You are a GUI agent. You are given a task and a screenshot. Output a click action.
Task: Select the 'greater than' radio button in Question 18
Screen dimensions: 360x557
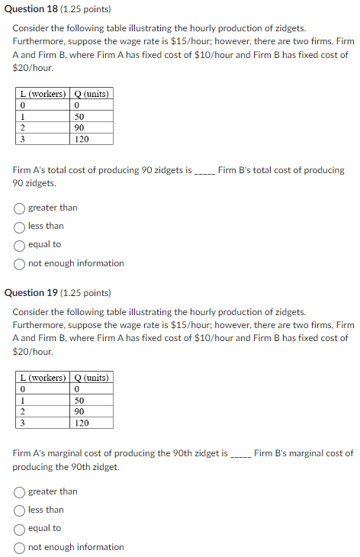tap(20, 208)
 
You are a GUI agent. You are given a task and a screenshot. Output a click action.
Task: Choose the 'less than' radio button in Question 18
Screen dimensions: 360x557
tap(20, 226)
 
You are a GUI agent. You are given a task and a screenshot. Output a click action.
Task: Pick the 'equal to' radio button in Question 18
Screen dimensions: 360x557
tap(20, 245)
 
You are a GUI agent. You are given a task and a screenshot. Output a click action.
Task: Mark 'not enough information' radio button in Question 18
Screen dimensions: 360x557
tap(20, 263)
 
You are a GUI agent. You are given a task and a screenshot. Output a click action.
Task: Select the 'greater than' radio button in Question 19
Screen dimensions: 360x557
tap(20, 491)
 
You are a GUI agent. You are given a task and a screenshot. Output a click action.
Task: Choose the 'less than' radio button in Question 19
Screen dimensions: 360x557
tap(20, 510)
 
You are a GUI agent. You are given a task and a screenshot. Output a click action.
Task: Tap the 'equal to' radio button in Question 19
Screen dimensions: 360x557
tap(20, 528)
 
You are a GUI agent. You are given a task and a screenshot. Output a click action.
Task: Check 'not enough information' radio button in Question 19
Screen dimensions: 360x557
tap(20, 547)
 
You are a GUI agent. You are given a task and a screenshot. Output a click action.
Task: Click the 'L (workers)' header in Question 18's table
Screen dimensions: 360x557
tap(42, 94)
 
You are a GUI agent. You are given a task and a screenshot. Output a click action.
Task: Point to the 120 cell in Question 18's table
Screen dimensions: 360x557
tap(82, 140)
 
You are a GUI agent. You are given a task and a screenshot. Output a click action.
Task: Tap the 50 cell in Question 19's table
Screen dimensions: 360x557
tap(79, 400)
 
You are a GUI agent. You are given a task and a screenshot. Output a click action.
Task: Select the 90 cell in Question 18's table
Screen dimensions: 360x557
tap(79, 128)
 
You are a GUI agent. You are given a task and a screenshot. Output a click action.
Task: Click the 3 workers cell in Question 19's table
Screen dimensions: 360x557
tap(23, 423)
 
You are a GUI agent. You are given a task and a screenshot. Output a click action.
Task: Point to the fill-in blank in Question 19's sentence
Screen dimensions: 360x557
tap(240, 454)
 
